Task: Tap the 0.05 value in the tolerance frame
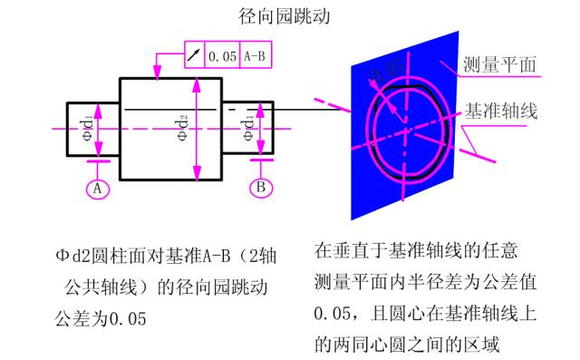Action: pos(222,56)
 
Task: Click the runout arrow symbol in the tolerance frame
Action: pos(194,56)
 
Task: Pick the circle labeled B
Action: pos(260,189)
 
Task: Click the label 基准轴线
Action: pos(502,111)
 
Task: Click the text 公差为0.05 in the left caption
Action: pos(101,319)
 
